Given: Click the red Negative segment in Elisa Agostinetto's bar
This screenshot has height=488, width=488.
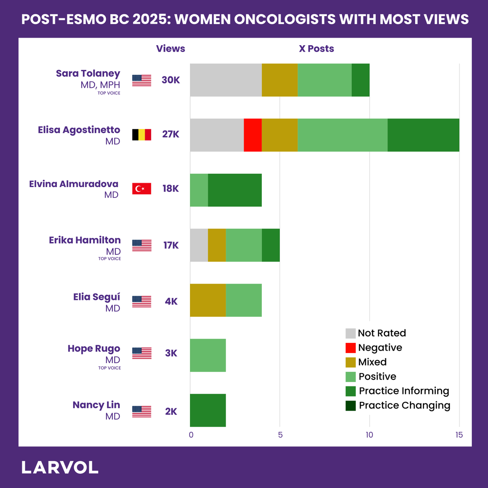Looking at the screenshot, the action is [x=253, y=135].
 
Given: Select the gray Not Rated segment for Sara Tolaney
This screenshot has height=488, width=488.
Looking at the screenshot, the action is [x=226, y=80].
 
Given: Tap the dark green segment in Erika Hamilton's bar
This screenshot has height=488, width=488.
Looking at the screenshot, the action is [x=271, y=245].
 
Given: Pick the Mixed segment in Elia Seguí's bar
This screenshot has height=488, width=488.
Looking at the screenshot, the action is [x=208, y=300].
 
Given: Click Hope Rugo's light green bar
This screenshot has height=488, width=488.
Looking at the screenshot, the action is [x=208, y=355].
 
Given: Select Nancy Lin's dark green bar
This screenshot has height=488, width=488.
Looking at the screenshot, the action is [x=208, y=410].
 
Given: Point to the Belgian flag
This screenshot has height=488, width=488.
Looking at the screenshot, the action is [x=142, y=135].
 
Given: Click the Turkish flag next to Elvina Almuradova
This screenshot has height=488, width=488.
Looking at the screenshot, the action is [x=142, y=189].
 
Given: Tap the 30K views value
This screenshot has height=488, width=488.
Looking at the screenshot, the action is [x=171, y=80].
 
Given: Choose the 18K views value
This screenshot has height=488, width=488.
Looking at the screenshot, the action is [x=171, y=189].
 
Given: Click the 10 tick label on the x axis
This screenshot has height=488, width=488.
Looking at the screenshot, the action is [x=370, y=435].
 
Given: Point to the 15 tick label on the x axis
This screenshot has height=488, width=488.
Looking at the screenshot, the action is [x=459, y=435].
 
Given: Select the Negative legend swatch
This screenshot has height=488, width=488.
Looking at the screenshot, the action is [x=351, y=348].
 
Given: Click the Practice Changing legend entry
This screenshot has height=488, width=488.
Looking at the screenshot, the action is [x=398, y=405].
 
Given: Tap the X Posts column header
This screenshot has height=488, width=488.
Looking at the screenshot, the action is [x=316, y=49].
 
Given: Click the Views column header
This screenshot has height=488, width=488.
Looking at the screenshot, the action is [x=170, y=49].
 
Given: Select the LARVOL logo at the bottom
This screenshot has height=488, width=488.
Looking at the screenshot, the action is [x=60, y=468].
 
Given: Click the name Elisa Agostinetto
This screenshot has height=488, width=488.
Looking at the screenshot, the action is [x=79, y=130].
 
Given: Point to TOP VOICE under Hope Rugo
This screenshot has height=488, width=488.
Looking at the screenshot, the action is [x=109, y=368].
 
